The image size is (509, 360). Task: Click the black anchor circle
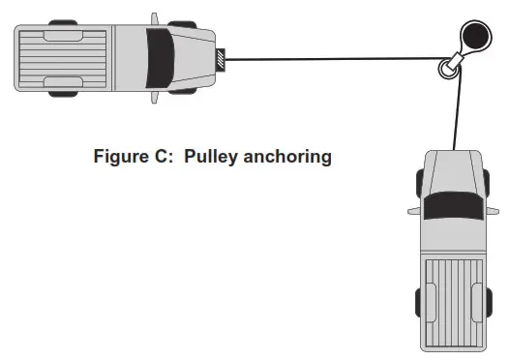coord(475,38)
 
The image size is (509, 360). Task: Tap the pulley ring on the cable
coord(448,68)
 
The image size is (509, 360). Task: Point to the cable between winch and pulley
coord(329,60)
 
